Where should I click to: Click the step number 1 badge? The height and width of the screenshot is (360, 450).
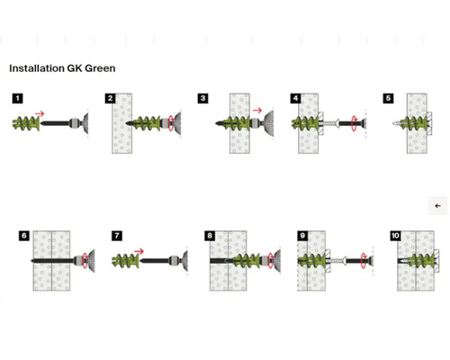click(x=17, y=98)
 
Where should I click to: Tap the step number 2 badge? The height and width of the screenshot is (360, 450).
click(x=111, y=98)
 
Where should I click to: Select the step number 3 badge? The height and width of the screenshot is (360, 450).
click(x=203, y=98)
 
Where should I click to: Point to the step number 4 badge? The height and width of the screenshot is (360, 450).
click(x=296, y=98)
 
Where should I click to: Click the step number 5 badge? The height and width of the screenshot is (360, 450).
click(x=389, y=98)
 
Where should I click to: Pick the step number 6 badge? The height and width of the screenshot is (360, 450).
click(x=24, y=236)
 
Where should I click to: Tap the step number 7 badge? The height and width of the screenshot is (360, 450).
click(x=117, y=236)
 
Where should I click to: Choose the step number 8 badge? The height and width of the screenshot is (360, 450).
click(x=210, y=236)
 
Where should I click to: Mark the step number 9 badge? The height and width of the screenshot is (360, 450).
click(x=302, y=236)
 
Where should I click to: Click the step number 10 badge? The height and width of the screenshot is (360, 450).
click(x=395, y=236)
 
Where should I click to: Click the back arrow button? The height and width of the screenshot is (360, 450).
click(x=437, y=206)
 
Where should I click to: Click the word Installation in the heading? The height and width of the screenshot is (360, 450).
click(x=37, y=68)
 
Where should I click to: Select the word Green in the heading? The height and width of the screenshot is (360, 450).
click(x=100, y=68)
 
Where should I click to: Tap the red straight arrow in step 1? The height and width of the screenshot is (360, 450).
click(x=40, y=113)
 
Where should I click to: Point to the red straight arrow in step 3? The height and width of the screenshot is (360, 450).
click(x=257, y=111)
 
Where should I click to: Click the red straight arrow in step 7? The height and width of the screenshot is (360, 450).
click(x=139, y=251)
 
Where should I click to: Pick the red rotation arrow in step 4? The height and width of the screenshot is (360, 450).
click(x=354, y=123)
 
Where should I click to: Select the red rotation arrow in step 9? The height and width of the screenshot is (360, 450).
click(x=363, y=261)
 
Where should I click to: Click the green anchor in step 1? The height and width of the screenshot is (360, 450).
click(x=26, y=123)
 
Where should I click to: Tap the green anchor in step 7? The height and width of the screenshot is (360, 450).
click(x=125, y=261)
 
